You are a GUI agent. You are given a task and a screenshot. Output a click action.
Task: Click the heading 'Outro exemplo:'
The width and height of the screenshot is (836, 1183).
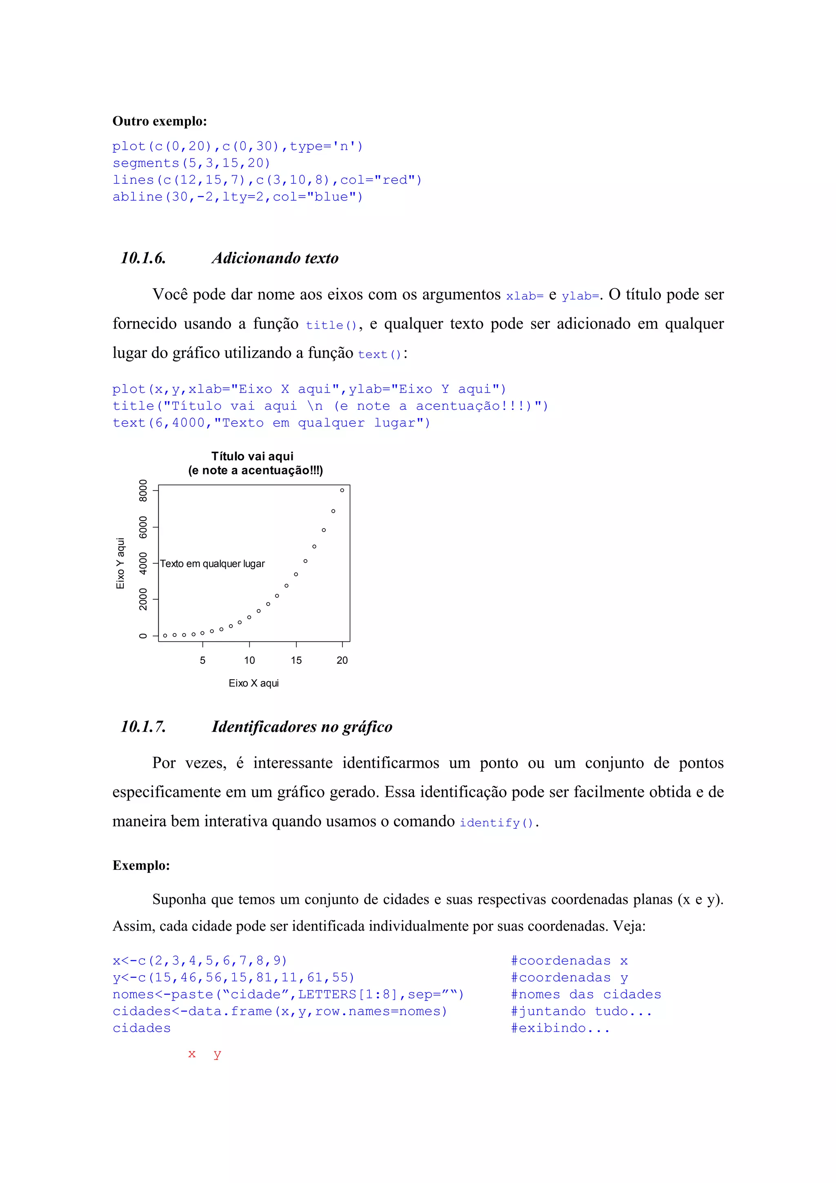pos(160,121)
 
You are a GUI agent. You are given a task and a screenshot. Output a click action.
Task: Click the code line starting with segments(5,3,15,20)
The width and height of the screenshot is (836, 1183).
pos(191,163)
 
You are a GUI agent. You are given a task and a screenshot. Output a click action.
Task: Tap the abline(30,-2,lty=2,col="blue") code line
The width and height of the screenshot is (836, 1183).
pos(238,197)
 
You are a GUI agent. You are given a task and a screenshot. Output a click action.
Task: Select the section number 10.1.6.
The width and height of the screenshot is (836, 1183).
pos(143,258)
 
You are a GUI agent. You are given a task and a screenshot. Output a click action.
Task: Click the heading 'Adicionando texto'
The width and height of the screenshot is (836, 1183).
pos(275,258)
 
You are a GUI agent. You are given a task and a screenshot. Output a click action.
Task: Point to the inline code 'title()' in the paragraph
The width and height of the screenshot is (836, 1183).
pos(331,325)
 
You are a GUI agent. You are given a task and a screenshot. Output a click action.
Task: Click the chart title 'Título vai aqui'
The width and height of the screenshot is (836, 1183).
pos(252,456)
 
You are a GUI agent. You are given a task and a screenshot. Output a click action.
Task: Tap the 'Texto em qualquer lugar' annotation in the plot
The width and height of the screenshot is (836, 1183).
pos(212,564)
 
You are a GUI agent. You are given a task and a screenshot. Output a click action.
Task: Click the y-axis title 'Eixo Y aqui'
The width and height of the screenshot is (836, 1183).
pos(120,563)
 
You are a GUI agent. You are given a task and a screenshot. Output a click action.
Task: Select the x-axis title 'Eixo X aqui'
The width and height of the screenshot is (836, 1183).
pos(253,683)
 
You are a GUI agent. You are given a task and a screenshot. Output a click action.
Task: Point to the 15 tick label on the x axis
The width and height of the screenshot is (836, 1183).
pos(296,660)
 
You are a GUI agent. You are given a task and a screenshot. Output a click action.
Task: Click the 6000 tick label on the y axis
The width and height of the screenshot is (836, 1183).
pos(143,527)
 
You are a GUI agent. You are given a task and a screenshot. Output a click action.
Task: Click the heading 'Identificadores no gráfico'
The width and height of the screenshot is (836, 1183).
pos(302,727)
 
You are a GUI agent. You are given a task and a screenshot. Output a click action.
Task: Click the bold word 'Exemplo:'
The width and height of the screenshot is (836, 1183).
pos(141,865)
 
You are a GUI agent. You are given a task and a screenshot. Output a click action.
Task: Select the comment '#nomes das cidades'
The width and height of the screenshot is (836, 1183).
pos(586,994)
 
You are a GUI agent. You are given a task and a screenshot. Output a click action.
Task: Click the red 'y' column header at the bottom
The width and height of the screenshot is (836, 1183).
pos(217,1054)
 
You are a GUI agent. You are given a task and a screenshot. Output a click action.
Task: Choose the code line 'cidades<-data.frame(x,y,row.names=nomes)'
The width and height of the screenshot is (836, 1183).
pos(280,1012)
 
